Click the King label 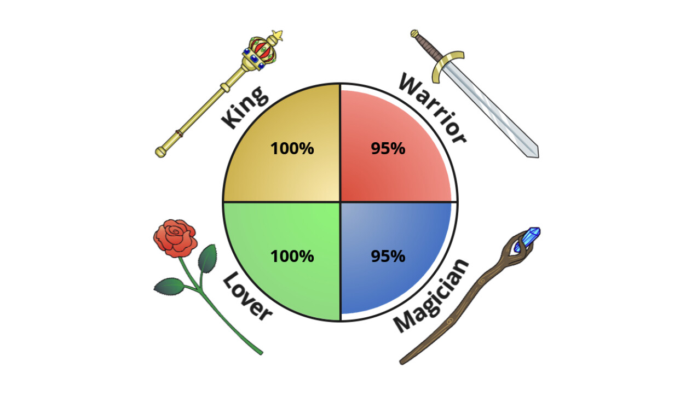click(245, 108)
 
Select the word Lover click(247, 296)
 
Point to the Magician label click(431, 296)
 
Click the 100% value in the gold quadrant click(292, 149)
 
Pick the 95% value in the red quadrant click(388, 149)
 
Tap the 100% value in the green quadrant click(292, 256)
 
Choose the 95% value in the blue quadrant click(388, 256)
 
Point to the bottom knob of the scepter click(161, 152)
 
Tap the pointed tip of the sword click(538, 156)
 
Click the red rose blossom click(175, 238)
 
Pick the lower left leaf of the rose click(169, 286)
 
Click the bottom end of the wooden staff click(402, 362)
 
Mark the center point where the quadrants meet click(340, 202)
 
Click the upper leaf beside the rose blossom click(208, 259)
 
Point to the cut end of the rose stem click(261, 353)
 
